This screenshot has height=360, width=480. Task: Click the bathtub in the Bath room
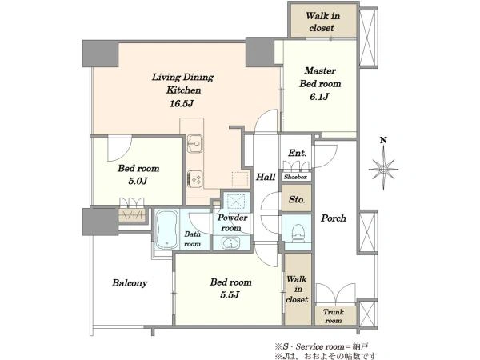166,230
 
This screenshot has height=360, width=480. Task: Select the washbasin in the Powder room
231,243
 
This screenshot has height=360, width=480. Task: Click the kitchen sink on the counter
194,143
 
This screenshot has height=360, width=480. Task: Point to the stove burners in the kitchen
194,178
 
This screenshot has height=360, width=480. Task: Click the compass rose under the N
383,169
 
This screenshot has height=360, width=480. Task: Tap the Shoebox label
295,177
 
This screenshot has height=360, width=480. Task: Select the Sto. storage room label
297,199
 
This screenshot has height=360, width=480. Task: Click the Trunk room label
334,316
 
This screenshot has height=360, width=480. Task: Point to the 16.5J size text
182,103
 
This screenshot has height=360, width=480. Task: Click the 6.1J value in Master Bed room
319,97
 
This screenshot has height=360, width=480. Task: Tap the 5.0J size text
138,182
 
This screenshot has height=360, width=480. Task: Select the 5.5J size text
230,294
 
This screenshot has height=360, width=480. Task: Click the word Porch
334,218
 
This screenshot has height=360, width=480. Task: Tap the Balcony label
130,283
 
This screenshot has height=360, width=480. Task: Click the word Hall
266,177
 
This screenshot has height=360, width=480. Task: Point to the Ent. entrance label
297,153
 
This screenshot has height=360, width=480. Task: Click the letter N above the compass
383,140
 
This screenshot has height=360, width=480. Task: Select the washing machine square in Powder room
236,202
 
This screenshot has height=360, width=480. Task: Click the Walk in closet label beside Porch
296,290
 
